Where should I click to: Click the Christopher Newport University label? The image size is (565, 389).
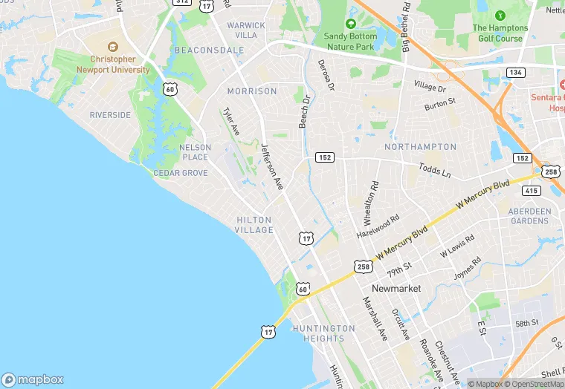click(113, 64)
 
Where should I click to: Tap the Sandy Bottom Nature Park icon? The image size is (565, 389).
click(351, 24)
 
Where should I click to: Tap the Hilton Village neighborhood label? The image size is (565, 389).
click(255, 225)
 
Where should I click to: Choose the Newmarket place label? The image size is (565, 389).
click(396, 288)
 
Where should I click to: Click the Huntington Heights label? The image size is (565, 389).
click(323, 333)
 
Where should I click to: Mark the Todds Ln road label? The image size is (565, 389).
click(435, 171)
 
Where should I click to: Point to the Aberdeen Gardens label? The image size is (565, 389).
click(530, 216)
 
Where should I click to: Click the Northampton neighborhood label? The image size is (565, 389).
click(421, 147)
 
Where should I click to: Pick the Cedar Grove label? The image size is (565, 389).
click(180, 173)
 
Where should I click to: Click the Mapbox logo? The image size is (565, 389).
click(33, 379)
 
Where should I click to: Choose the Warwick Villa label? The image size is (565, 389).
click(246, 30)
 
